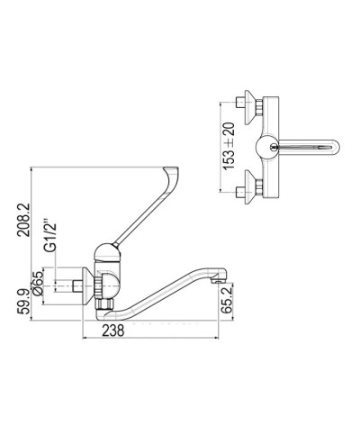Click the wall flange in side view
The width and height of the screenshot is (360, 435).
tap(93, 286)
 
